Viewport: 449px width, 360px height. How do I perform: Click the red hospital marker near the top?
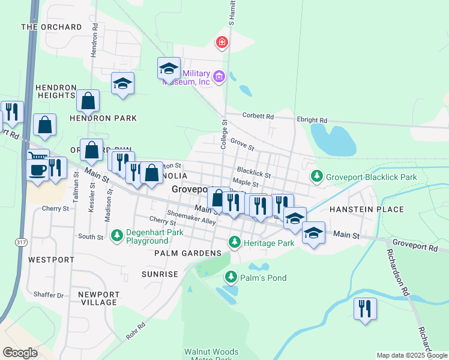222,42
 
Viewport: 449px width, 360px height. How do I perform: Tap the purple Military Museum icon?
219,76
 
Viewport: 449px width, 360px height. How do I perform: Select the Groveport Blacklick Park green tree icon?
316,176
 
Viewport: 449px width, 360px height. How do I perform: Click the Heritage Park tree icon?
235,242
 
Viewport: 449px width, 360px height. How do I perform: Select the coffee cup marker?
37,170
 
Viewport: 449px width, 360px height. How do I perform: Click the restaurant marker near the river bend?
365,309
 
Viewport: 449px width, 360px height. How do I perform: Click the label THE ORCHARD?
51,27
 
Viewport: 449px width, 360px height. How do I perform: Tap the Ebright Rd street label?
312,120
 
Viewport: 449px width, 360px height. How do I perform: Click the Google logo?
20,352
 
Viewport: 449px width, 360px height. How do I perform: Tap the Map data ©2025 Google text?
411,355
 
